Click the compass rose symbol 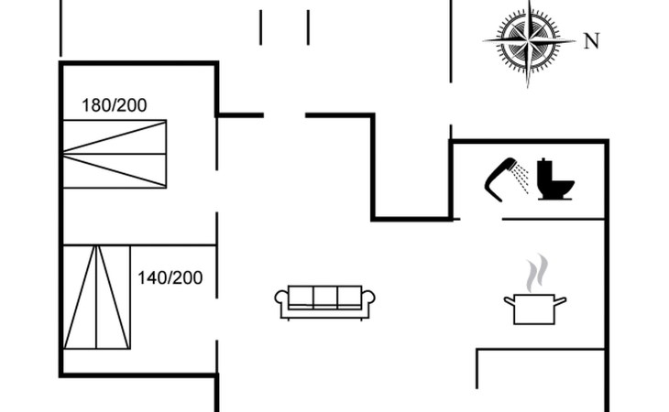click(x=529, y=42)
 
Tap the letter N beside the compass click(x=591, y=41)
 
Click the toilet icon click(x=555, y=180)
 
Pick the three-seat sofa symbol click(x=325, y=301)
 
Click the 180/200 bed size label click(x=115, y=105)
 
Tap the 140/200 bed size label click(x=170, y=277)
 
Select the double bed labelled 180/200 click(x=115, y=154)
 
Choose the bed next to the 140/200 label click(x=96, y=298)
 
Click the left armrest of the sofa click(x=282, y=302)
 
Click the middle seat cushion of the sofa click(x=325, y=298)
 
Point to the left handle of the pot click(x=509, y=300)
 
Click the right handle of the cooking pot click(x=562, y=299)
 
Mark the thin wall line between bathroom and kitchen click(x=554, y=220)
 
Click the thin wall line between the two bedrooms click(x=137, y=244)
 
